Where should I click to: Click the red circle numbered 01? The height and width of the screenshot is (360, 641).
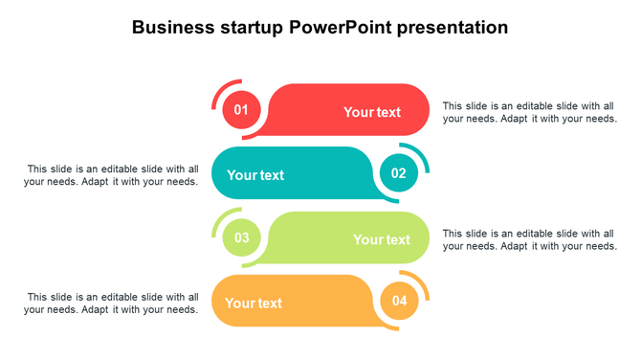[x=241, y=110]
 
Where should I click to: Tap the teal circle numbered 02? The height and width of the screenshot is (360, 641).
[x=399, y=173]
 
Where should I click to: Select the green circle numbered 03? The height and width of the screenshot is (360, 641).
[x=241, y=237]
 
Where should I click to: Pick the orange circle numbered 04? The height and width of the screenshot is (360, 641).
[x=399, y=302]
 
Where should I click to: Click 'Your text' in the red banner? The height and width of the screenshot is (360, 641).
[x=372, y=112]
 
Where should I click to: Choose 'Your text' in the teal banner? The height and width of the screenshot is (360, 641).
[x=255, y=175]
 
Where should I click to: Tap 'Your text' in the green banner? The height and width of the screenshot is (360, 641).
[x=381, y=239]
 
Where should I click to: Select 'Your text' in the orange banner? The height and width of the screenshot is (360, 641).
[x=254, y=304]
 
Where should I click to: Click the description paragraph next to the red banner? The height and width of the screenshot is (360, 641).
[x=529, y=112]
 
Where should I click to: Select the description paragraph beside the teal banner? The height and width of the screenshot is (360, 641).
[x=113, y=175]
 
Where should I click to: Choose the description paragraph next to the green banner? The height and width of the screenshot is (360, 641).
[x=529, y=239]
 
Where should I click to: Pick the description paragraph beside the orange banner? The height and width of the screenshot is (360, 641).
[x=113, y=304]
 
